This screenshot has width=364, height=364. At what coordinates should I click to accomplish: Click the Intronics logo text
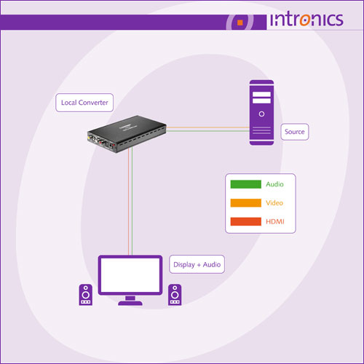[306, 19]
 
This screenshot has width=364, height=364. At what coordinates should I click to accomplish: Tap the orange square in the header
[240, 23]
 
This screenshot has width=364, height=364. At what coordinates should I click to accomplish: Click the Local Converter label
[84, 103]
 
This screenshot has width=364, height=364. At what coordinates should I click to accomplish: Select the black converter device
[127, 134]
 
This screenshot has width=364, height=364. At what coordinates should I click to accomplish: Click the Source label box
[295, 132]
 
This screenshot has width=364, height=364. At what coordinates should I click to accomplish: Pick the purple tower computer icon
[261, 113]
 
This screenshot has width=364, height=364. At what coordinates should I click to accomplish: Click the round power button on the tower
[261, 114]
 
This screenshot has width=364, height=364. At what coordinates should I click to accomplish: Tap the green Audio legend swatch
[246, 184]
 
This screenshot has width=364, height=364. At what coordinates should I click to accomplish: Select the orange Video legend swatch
[246, 203]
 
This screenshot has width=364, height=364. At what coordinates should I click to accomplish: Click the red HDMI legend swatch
[246, 221]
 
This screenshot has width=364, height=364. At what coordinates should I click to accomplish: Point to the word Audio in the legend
[274, 184]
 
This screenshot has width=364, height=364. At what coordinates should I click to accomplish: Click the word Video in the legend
[274, 203]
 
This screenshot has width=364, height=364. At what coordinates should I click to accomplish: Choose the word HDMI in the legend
[275, 221]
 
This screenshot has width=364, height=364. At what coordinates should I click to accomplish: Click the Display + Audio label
[197, 264]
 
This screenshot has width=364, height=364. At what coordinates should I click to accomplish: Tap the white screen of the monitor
[130, 275]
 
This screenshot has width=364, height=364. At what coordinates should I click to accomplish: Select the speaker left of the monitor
[86, 295]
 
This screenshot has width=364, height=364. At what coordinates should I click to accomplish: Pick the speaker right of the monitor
[175, 295]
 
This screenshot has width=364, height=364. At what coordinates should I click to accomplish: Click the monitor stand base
[130, 303]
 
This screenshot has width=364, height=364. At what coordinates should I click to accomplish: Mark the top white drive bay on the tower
[261, 94]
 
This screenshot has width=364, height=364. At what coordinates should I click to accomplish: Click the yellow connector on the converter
[90, 138]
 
